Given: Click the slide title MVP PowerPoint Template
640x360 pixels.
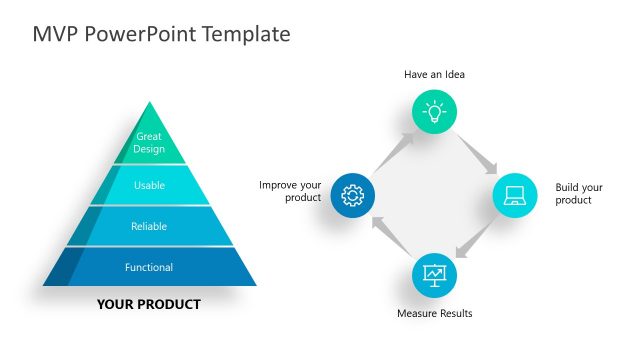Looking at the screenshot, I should (161, 34).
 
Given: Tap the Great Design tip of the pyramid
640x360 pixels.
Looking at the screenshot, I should (149, 142).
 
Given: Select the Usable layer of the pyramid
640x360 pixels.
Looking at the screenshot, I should (149, 185).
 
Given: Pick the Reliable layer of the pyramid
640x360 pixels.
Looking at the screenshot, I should (149, 226).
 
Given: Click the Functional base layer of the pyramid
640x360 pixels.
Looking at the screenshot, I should (149, 267).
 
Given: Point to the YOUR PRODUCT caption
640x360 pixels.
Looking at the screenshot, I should (149, 304).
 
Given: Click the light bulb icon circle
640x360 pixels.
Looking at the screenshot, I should (434, 112).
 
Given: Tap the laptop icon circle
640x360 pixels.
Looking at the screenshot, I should (515, 194).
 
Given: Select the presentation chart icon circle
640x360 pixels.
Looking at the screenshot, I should (434, 273).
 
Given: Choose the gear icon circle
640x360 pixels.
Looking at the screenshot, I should (352, 194).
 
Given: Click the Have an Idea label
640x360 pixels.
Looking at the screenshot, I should (434, 74).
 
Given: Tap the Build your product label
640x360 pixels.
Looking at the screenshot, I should (579, 194).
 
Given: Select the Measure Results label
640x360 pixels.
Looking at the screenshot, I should (434, 314).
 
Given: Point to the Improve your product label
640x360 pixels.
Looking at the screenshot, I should (290, 191).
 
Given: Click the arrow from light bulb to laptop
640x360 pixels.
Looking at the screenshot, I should (478, 151).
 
